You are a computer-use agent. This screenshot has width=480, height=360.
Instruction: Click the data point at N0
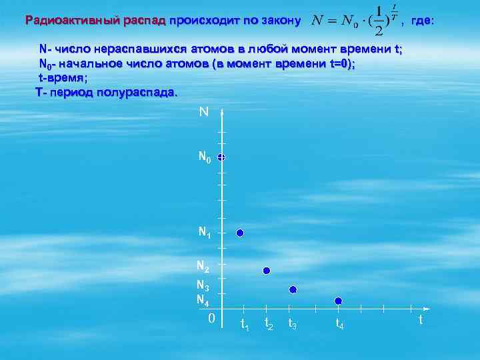tap(221, 157)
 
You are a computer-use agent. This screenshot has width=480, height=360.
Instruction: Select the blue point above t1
tap(240, 233)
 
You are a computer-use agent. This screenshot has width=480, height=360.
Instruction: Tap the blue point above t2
tap(266, 271)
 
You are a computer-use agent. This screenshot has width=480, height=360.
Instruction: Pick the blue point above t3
tap(292, 289)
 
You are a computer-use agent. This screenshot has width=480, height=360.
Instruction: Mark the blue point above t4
tap(338, 301)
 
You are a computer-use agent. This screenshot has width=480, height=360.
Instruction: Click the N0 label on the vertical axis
tap(205, 158)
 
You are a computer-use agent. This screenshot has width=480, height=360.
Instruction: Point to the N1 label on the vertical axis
tap(204, 233)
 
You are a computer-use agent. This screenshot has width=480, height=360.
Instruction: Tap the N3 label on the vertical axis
tap(203, 287)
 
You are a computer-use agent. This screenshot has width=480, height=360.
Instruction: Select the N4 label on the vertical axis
tap(203, 300)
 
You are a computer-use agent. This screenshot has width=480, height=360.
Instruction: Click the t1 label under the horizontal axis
tap(244, 325)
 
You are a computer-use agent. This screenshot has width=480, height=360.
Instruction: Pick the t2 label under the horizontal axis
tap(269, 324)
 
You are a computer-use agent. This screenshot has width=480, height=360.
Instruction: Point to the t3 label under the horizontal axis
tap(292, 325)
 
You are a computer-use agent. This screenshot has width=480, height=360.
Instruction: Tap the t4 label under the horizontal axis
tap(339, 325)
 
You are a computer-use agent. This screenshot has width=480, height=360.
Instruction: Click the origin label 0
tap(211, 319)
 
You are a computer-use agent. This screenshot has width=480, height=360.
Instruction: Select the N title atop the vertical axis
tap(203, 112)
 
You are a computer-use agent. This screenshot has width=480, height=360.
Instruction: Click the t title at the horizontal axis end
tap(420, 320)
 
